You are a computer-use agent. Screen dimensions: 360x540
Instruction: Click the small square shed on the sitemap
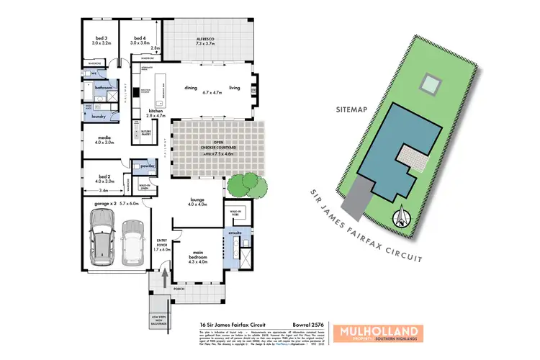(x=431, y=84)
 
